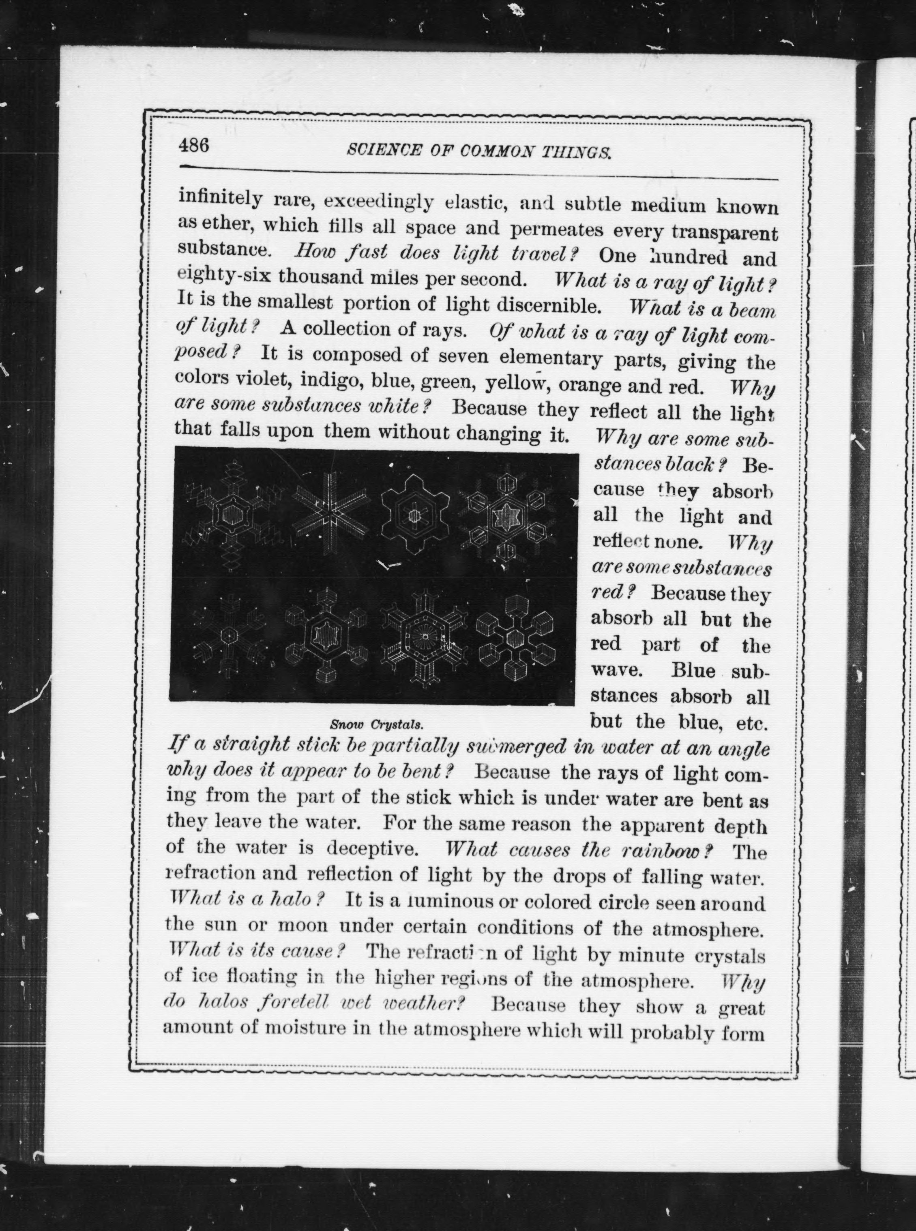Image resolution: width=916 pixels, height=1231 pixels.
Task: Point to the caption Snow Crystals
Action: [376, 724]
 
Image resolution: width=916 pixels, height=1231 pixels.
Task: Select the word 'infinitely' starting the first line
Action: [220, 198]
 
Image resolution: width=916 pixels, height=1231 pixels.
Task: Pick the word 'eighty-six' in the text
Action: [224, 275]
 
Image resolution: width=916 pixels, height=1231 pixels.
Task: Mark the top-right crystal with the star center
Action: [509, 517]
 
